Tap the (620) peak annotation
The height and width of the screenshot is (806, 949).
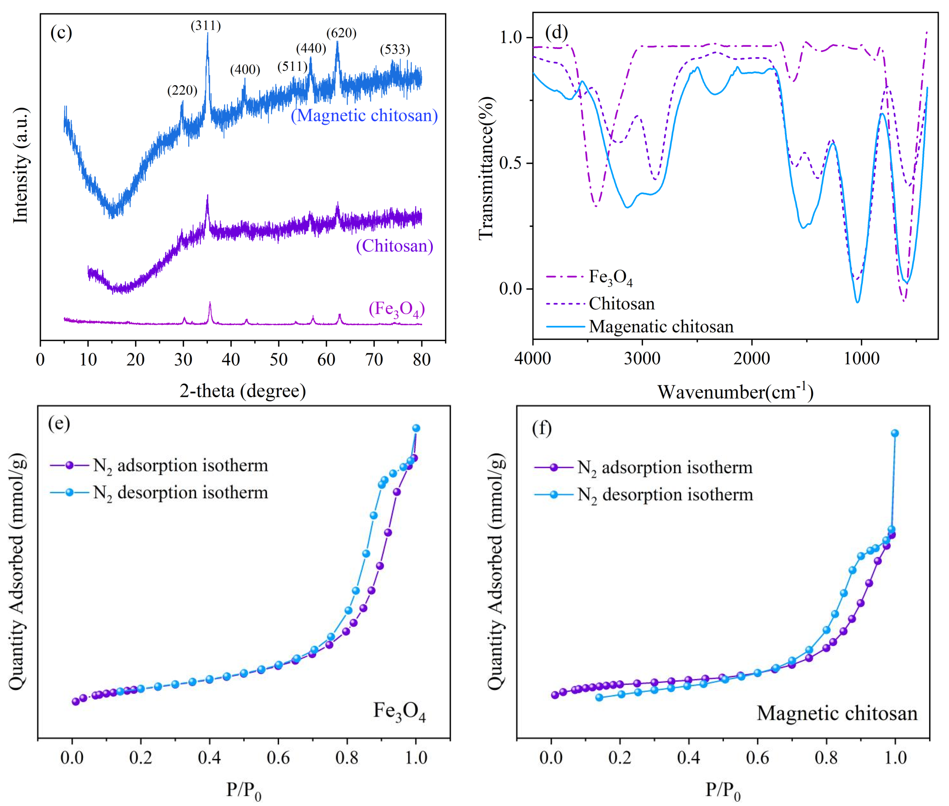pos(341,33)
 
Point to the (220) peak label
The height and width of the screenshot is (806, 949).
pos(182,90)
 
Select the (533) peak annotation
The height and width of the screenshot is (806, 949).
pos(395,49)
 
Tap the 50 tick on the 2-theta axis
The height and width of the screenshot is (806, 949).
pos(278,360)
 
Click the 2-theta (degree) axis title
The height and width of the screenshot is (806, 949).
pos(243,391)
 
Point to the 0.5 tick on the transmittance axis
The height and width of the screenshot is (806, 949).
pos(511,163)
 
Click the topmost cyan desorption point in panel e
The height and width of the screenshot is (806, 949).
pos(416,428)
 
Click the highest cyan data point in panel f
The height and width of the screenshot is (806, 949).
pos(895,433)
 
